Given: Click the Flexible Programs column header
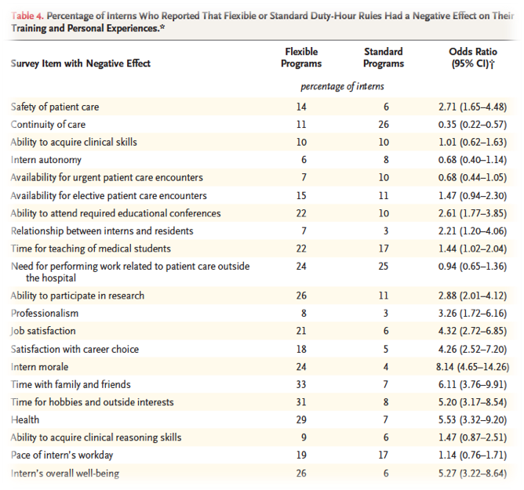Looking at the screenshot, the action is click(x=301, y=57).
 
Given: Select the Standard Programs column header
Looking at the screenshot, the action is click(x=384, y=57).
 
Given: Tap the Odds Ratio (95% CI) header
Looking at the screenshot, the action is click(x=472, y=57).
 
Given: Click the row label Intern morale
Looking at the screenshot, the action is click(x=39, y=367).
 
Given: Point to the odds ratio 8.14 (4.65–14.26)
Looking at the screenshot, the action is click(x=472, y=367).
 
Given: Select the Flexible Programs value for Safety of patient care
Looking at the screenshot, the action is click(x=301, y=107).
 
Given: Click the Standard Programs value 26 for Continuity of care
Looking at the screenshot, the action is click(x=384, y=124).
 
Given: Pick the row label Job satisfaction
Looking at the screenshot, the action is click(x=43, y=331).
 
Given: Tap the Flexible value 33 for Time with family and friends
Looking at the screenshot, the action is click(x=301, y=384).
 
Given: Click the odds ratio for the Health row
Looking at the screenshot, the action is click(x=472, y=420).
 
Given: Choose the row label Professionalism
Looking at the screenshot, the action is click(x=45, y=314).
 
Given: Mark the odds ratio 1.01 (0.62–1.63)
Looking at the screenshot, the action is click(x=472, y=142).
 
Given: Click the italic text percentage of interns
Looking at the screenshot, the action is click(x=342, y=86).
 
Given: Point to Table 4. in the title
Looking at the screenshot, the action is click(x=27, y=16).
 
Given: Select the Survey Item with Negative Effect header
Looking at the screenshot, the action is click(x=81, y=64).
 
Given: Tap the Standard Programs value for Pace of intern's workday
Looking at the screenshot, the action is click(x=384, y=455).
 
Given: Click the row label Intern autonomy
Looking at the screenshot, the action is click(x=45, y=160).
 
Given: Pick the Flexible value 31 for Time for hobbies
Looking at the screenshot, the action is click(x=301, y=402).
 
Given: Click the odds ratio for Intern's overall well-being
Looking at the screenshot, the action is click(x=472, y=474).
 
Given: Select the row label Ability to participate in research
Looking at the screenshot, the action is click(x=78, y=296).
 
